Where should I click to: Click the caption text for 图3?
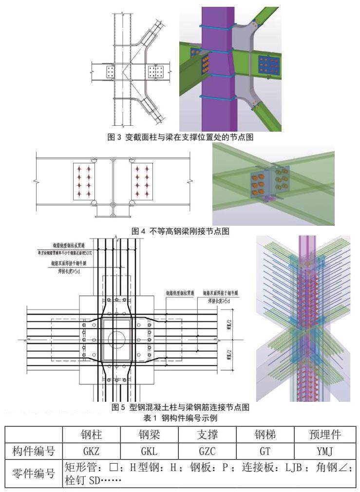180,138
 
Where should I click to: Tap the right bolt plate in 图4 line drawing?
142,181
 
